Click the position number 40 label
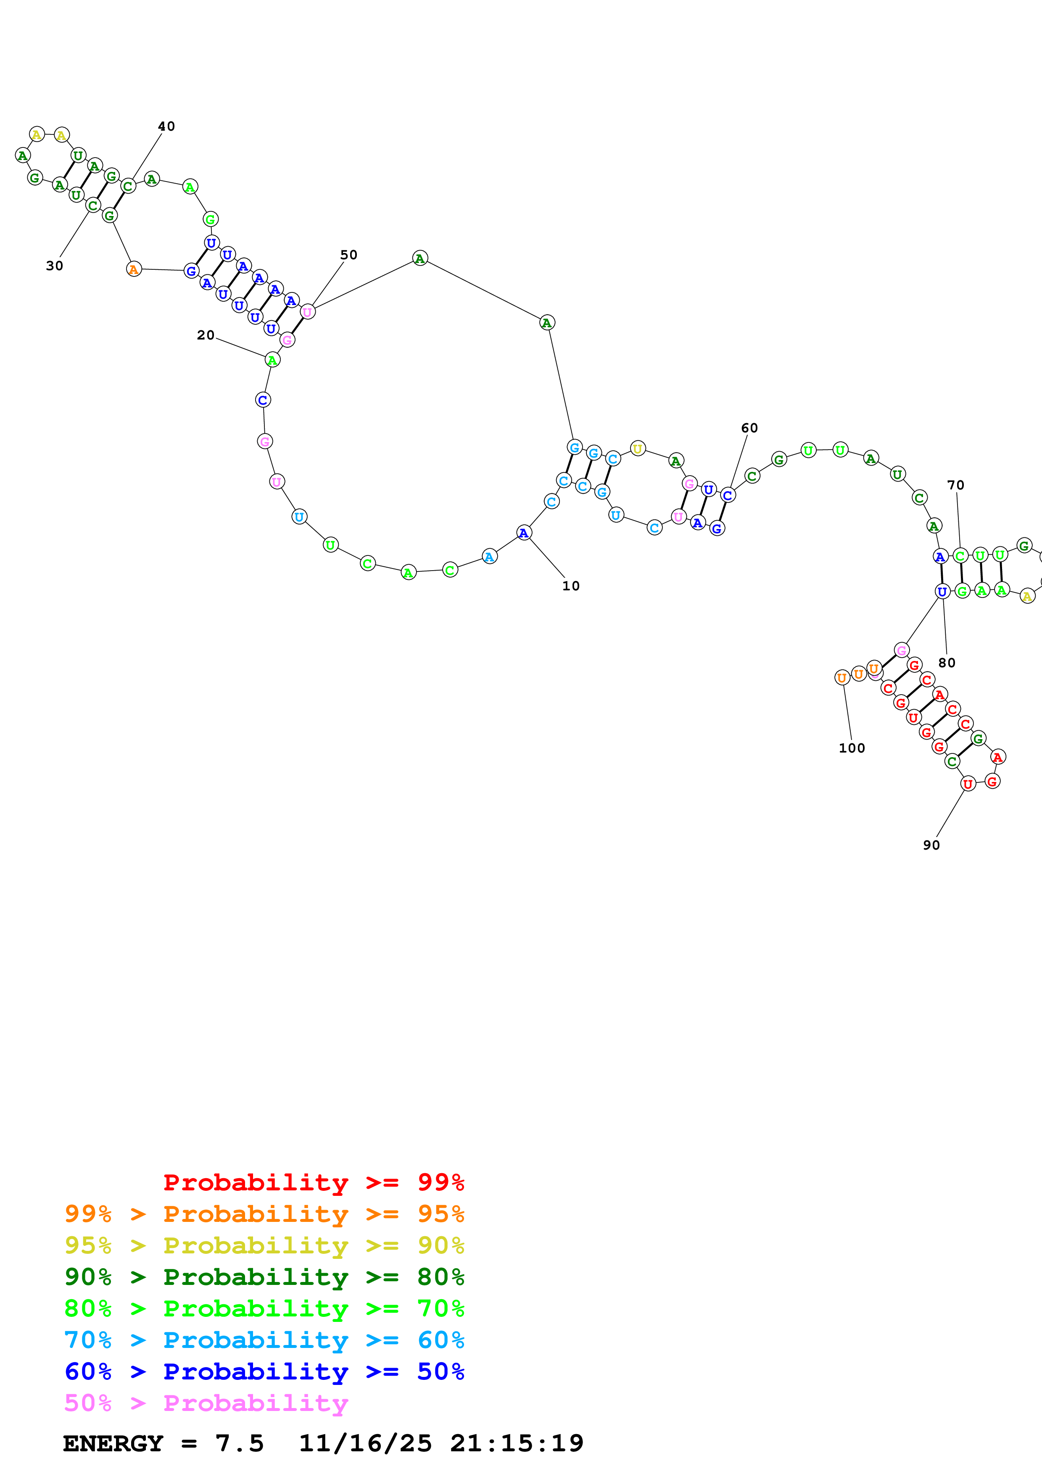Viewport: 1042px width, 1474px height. point(166,126)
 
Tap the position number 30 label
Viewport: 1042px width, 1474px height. point(55,266)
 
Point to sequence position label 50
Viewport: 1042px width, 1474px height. point(348,255)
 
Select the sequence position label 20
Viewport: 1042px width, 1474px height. point(206,335)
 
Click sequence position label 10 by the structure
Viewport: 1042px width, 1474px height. point(571,586)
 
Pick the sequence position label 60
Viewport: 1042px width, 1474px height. point(749,428)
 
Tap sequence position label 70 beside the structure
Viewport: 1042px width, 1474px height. point(955,485)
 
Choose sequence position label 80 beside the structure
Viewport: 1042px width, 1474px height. point(947,663)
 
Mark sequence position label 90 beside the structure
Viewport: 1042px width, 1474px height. point(931,845)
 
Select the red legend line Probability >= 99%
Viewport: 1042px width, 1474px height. point(313,1182)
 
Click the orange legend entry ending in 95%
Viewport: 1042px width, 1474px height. point(264,1214)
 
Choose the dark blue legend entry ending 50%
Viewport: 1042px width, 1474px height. point(264,1372)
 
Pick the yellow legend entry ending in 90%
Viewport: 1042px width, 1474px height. point(264,1245)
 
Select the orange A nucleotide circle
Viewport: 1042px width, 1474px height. point(134,270)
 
